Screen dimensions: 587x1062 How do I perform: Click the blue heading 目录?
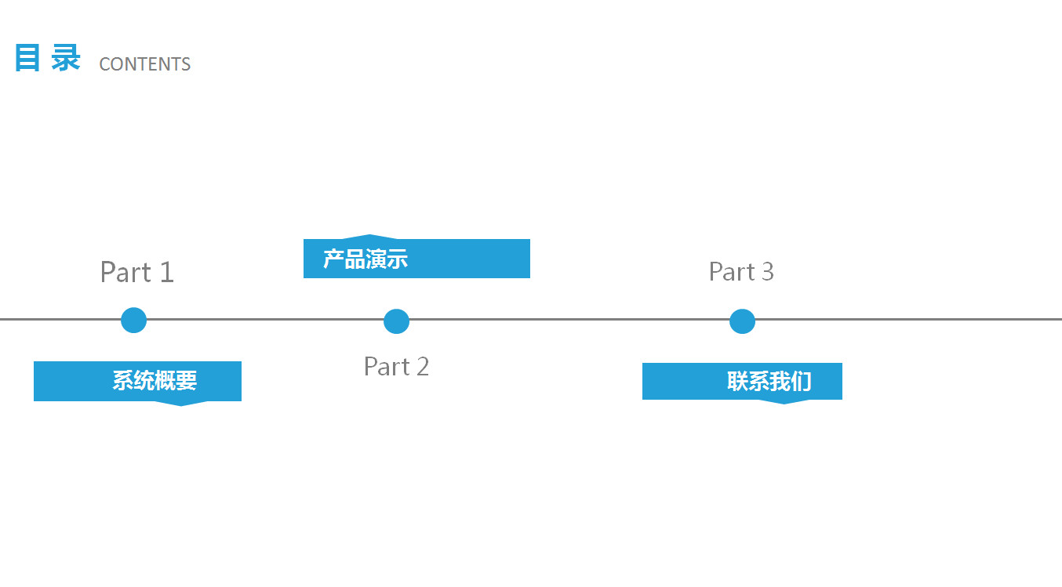click(x=47, y=59)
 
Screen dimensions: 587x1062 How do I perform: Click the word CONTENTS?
click(x=145, y=64)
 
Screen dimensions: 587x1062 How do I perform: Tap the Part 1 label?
click(x=136, y=272)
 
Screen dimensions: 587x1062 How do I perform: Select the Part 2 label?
click(x=396, y=366)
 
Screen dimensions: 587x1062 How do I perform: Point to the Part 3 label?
click(x=741, y=271)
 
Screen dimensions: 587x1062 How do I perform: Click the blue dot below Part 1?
click(x=134, y=320)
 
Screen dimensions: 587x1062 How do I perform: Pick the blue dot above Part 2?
click(x=396, y=321)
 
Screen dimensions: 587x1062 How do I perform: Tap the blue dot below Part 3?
click(x=742, y=321)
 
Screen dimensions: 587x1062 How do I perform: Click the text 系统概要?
click(x=155, y=381)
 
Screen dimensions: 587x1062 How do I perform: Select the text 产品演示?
click(x=366, y=259)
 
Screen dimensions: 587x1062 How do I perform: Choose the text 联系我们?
click(x=769, y=382)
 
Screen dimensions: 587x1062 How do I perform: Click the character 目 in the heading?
click(x=27, y=59)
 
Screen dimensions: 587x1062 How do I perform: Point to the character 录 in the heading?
click(x=67, y=59)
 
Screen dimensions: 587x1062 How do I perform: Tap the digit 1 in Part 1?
click(x=166, y=272)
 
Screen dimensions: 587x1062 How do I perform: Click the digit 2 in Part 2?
click(x=422, y=366)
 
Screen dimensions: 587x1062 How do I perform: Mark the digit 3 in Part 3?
click(x=766, y=271)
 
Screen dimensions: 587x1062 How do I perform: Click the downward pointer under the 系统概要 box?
click(x=181, y=403)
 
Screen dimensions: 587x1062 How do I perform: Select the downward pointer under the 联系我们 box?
click(x=784, y=401)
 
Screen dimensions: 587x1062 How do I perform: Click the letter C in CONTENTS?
click(x=104, y=64)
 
